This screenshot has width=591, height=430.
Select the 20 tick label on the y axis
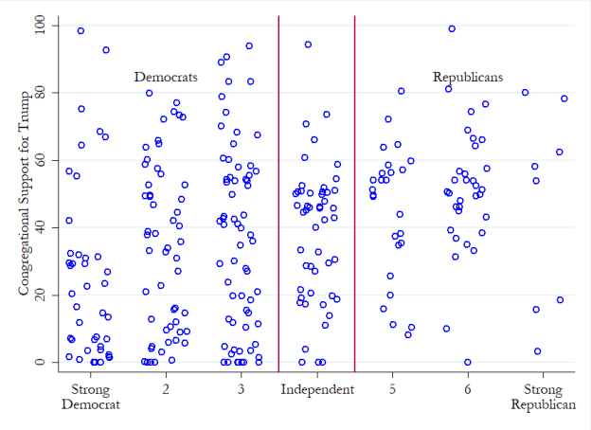coord(39,295)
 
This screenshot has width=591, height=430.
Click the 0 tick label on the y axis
coord(39,363)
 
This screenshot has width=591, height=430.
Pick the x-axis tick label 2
coord(166,389)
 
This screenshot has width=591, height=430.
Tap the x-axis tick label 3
coord(241,389)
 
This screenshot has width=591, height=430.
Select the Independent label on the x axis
coord(316,389)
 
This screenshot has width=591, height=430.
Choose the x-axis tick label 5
coord(392,389)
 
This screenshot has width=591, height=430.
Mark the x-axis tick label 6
coord(467,389)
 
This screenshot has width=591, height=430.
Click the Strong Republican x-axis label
coord(543,397)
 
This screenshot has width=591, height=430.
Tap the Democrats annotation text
coord(166,76)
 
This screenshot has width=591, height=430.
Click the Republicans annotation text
coord(468,76)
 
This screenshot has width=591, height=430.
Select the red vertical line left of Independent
coord(278,189)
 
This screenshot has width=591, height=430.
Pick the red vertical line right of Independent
coord(354,189)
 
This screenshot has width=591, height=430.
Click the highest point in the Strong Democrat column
coord(81,30)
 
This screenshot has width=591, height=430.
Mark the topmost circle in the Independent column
coord(308,45)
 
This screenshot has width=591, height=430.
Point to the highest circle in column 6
coord(452,28)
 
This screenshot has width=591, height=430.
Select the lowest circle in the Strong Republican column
coord(537,351)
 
